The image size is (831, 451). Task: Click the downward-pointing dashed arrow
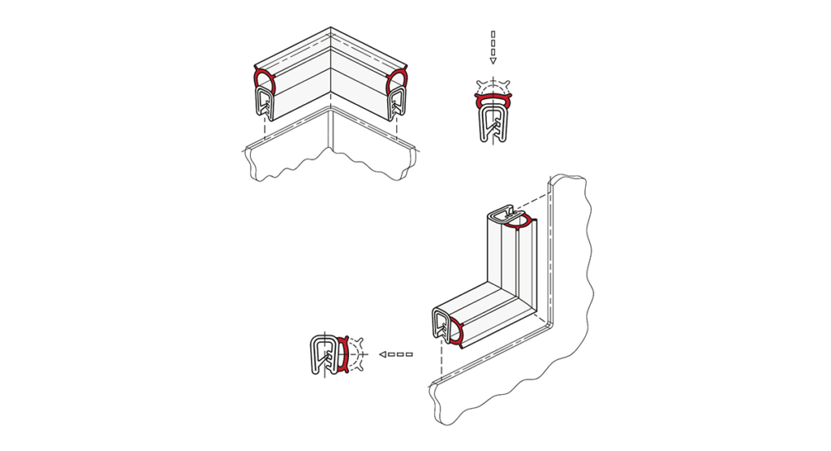[x=493, y=47]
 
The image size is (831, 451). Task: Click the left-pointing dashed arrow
[x=396, y=354]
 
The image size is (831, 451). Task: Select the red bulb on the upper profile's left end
[x=263, y=80]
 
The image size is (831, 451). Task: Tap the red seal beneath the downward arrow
[x=493, y=101]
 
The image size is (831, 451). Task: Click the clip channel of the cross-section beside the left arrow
[x=325, y=355]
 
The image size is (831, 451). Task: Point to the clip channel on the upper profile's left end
[x=264, y=102]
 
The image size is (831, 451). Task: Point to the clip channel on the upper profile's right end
[x=397, y=103]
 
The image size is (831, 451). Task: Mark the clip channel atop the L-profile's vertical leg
[x=500, y=216]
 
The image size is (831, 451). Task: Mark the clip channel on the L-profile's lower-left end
[x=441, y=325]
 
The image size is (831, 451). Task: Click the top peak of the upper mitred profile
[x=331, y=30]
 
